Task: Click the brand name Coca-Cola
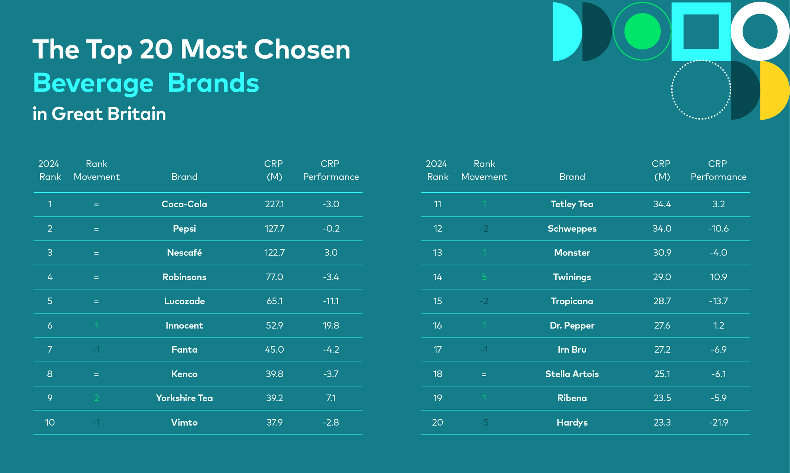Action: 184,204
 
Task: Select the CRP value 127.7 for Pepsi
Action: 274,229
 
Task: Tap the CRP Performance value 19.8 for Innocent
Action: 331,325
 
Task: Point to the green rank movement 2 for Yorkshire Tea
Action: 96,398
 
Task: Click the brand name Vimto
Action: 184,422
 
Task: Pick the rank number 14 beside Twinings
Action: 437,277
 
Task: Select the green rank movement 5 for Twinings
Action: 484,277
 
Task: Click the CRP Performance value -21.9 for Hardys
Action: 718,422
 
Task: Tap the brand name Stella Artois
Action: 572,374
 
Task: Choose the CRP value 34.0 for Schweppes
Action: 662,229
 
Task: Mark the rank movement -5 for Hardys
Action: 484,422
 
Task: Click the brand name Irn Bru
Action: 572,350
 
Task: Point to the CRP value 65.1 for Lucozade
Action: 274,301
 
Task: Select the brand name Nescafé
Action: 184,253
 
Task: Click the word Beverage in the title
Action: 93,83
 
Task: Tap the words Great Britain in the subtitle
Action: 109,114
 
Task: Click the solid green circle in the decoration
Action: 642,32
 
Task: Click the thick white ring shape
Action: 760,8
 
